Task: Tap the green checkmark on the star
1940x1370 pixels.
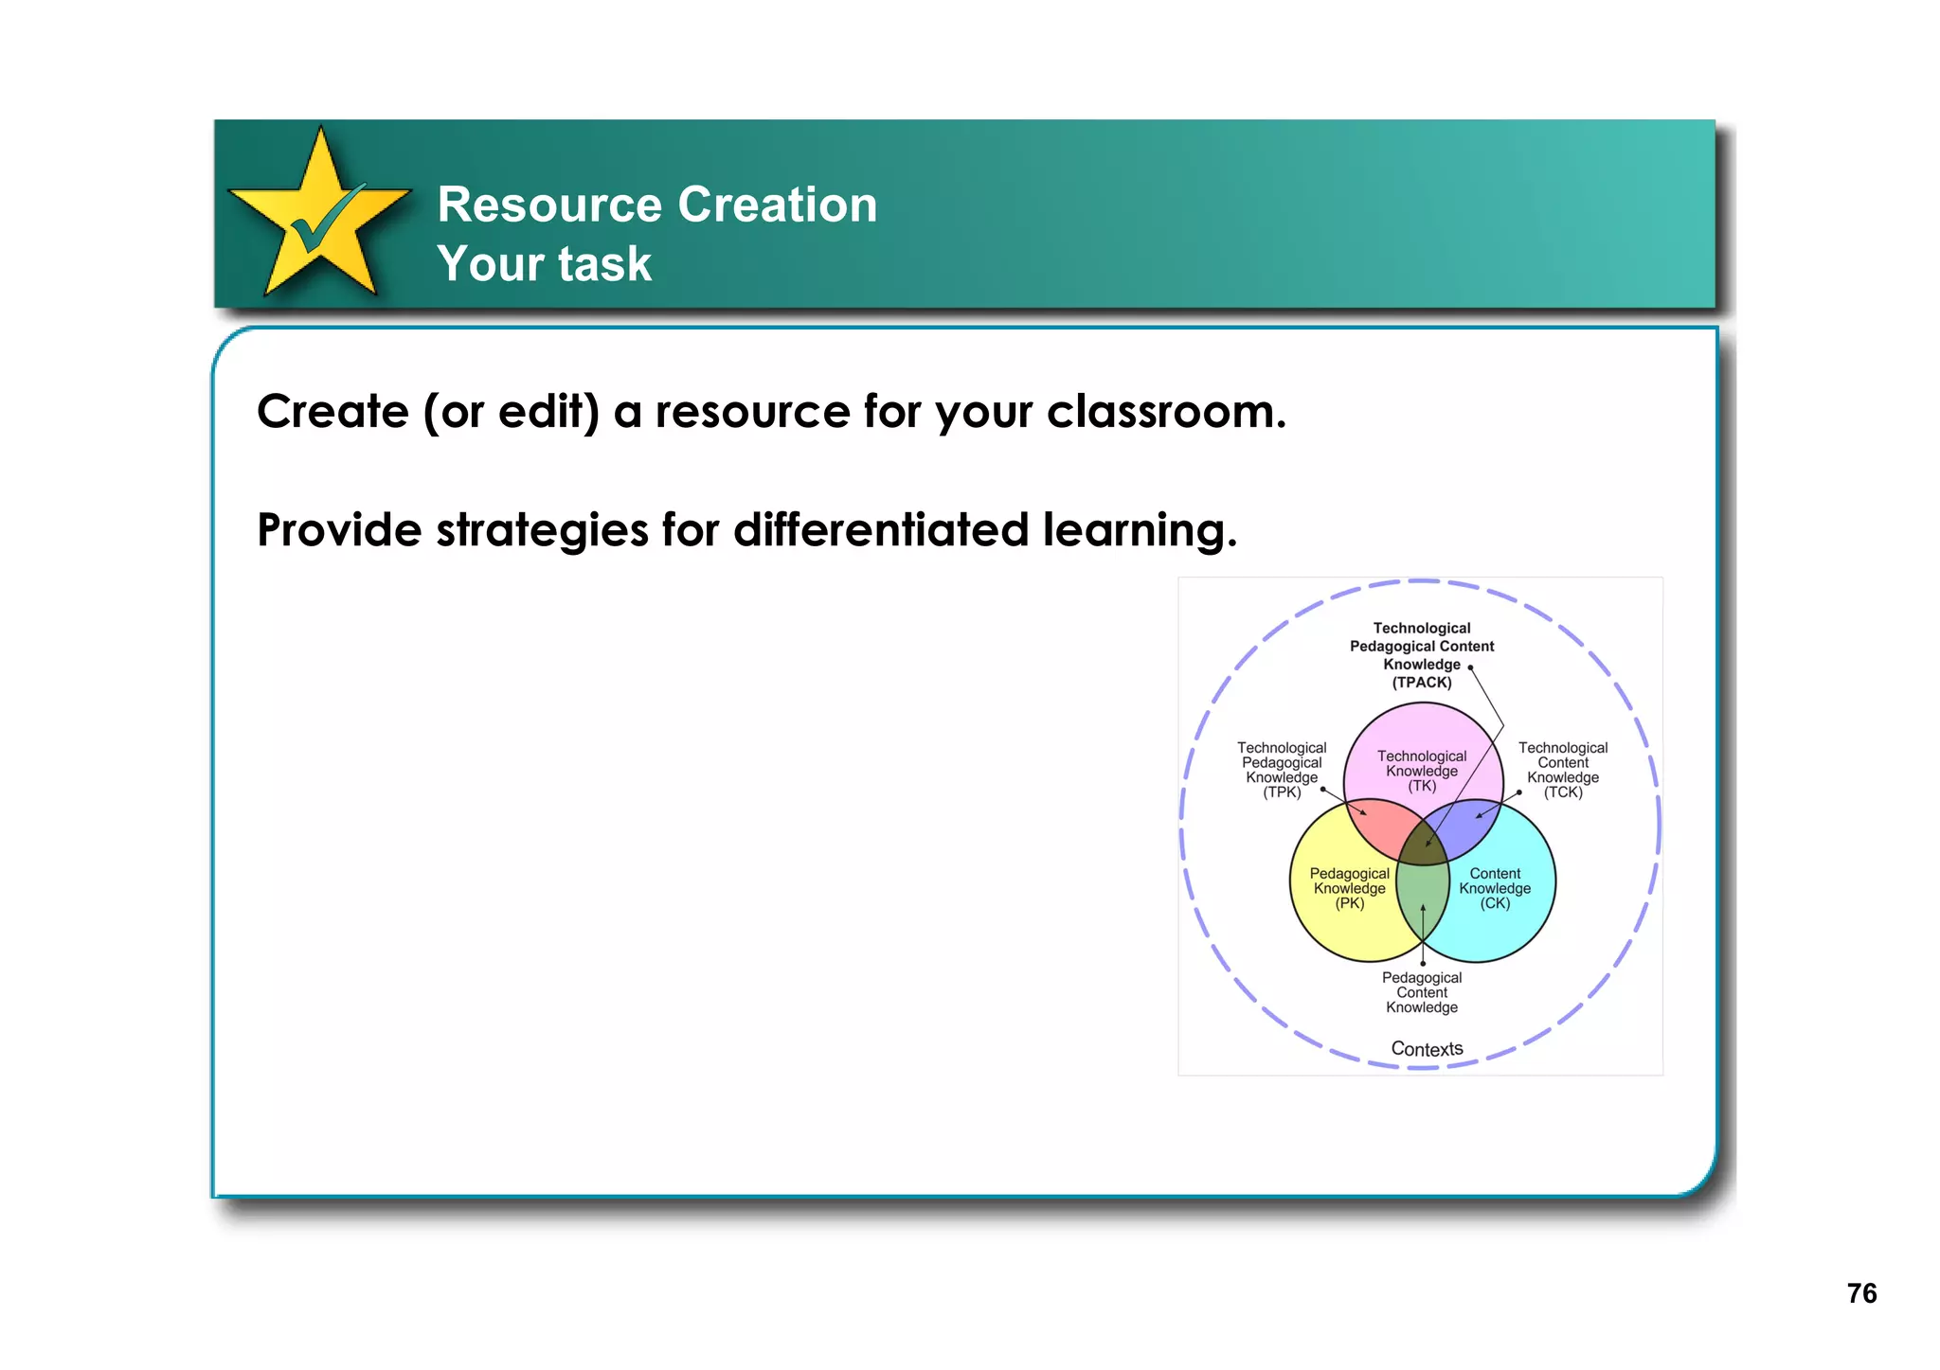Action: tap(325, 220)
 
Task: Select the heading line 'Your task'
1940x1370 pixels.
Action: tap(544, 263)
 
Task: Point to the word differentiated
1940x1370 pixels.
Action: tap(880, 530)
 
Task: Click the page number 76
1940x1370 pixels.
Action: tap(1860, 1293)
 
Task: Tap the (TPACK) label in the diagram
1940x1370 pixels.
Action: tap(1421, 683)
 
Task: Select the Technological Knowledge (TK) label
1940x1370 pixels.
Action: tap(1421, 771)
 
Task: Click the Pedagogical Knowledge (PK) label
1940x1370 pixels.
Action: tap(1349, 888)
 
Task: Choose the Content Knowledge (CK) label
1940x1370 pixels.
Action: tap(1495, 888)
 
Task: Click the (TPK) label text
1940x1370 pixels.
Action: tap(1281, 792)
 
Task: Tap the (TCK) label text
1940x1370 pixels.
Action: tap(1562, 792)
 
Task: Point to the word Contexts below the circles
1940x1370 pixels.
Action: tap(1427, 1049)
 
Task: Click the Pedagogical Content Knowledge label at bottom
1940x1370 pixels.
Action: tap(1421, 992)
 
